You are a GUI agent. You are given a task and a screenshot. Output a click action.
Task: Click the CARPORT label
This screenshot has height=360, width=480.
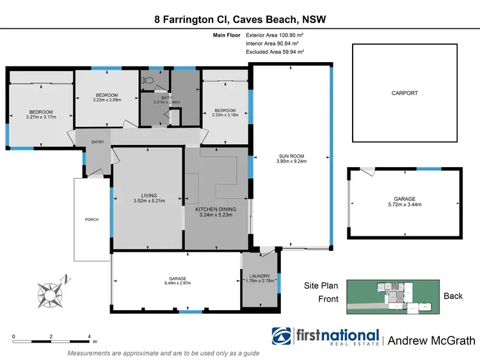click(x=404, y=93)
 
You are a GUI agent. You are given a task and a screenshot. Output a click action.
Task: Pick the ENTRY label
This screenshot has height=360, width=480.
click(x=97, y=142)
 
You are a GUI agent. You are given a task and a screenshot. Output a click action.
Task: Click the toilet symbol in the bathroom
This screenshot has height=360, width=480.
click(x=148, y=81)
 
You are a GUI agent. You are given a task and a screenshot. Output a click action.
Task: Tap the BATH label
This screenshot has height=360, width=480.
click(x=166, y=97)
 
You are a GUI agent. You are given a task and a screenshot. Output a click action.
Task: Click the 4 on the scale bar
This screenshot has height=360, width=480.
click(x=90, y=336)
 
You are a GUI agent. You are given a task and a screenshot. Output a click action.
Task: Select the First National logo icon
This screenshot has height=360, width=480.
click(x=283, y=338)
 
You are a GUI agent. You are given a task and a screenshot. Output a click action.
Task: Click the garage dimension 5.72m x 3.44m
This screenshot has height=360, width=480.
click(x=404, y=205)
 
